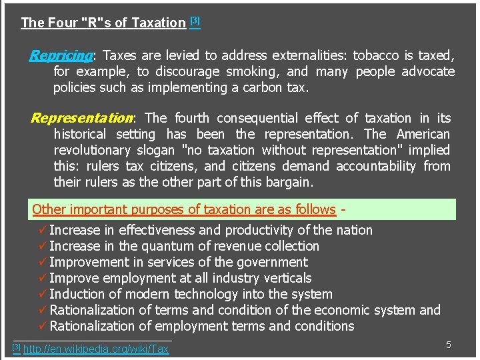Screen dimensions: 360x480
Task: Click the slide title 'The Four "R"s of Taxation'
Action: (x=103, y=23)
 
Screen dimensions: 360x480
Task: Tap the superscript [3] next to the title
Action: (x=195, y=21)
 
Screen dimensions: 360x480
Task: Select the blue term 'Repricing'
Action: (x=61, y=55)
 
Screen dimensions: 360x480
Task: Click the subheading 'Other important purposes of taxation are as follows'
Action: (x=183, y=209)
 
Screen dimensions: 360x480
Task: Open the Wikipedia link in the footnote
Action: (x=96, y=349)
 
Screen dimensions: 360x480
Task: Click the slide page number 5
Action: (x=449, y=345)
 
